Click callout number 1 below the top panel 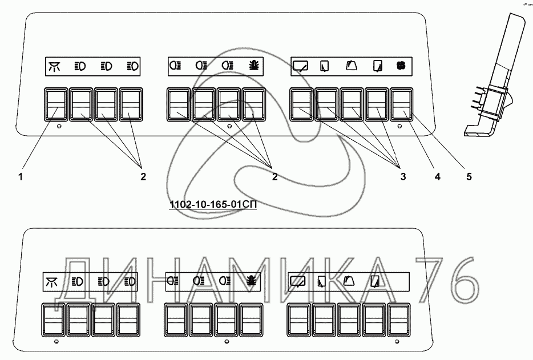21,177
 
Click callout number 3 403,177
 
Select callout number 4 437,177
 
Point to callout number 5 469,177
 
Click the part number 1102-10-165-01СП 213,204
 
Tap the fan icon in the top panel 402,66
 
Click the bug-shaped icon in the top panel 252,66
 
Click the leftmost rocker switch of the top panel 55,104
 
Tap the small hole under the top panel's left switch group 60,127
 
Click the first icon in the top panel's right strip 301,66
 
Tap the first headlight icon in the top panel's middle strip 175,66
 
